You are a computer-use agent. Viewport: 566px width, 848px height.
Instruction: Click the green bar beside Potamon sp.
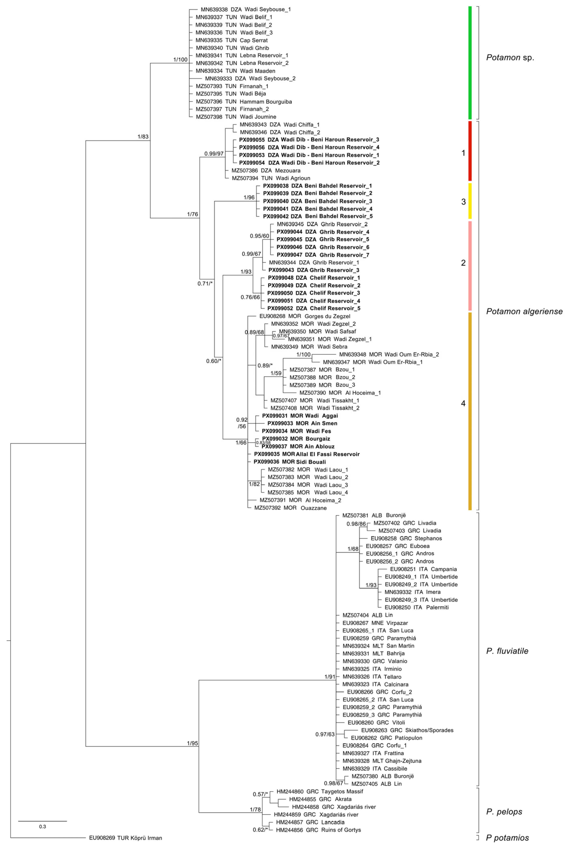(x=470, y=63)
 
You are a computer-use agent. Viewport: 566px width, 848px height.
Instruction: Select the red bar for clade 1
(x=470, y=151)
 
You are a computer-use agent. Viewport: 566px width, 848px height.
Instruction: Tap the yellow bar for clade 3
(x=470, y=201)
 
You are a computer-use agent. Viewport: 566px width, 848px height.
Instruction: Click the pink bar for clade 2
(x=470, y=266)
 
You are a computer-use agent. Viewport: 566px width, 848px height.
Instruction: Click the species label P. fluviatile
(x=507, y=651)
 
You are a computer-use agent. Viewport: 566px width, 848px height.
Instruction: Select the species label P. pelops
(x=504, y=811)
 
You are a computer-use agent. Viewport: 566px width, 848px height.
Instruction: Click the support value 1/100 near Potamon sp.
(x=180, y=59)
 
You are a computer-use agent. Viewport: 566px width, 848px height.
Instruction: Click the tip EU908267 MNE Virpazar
(x=375, y=623)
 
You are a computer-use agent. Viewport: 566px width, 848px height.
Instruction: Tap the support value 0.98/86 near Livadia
(x=356, y=524)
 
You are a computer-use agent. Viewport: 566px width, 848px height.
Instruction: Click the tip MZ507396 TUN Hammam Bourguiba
(x=244, y=102)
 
